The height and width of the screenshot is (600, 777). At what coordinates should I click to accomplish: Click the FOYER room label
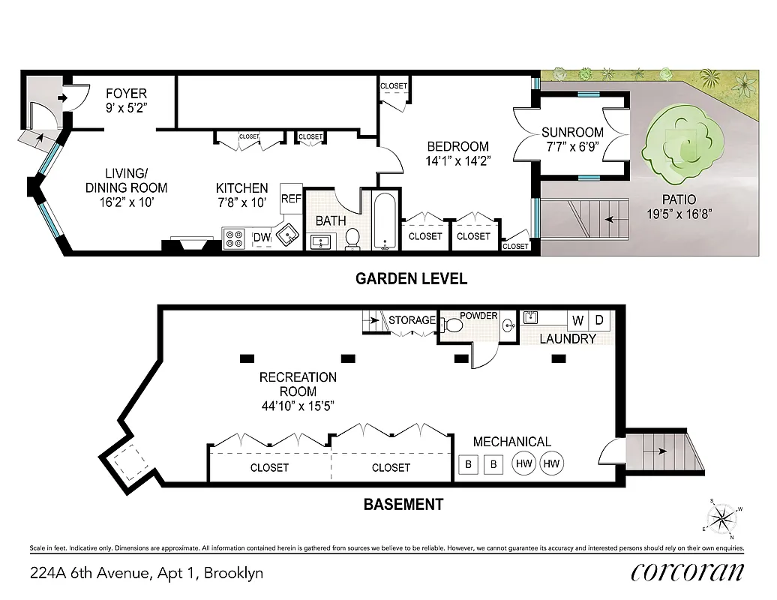[126, 94]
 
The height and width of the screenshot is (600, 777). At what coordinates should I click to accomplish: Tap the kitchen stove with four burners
[234, 238]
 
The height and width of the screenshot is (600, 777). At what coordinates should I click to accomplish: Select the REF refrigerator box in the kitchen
[291, 199]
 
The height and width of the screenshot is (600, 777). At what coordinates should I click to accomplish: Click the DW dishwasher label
[261, 238]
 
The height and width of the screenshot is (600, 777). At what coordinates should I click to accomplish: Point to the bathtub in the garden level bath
[385, 222]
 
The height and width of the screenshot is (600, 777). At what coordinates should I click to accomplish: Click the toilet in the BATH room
[352, 238]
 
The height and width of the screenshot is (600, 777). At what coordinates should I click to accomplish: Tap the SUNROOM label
[572, 133]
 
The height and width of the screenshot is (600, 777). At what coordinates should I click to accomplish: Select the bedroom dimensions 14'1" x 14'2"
[457, 160]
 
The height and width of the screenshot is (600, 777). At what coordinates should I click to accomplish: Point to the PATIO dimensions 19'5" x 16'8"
[679, 213]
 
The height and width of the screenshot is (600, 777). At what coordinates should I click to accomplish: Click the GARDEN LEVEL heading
[411, 279]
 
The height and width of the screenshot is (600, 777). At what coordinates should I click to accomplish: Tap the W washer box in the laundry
[577, 321]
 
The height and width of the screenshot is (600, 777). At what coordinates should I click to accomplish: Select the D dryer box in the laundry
[599, 321]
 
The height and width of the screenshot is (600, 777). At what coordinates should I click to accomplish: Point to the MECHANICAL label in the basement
[511, 442]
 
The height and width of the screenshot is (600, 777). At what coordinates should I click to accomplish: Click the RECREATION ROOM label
[298, 384]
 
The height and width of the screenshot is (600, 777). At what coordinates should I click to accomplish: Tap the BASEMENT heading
[403, 504]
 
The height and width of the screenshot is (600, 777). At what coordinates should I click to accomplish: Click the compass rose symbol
[724, 517]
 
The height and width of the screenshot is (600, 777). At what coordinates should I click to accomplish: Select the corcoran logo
[688, 572]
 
